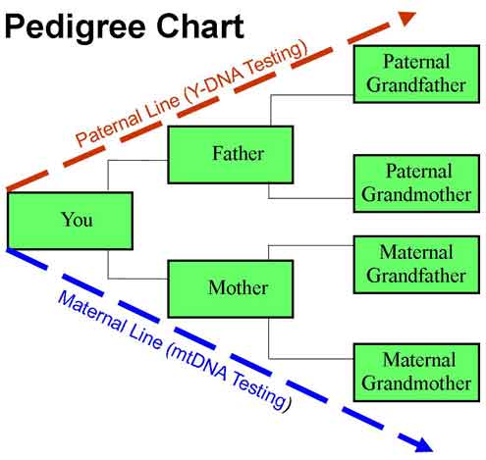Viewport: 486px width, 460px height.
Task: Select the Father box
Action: (x=231, y=154)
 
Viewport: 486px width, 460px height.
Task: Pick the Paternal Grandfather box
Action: (x=415, y=73)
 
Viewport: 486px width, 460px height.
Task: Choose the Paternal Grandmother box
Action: (x=415, y=182)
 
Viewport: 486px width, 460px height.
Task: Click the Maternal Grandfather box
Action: (x=415, y=264)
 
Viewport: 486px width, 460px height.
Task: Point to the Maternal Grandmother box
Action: (x=415, y=372)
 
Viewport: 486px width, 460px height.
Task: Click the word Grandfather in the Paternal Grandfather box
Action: (x=415, y=83)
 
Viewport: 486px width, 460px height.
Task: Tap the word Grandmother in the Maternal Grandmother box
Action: (x=415, y=383)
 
